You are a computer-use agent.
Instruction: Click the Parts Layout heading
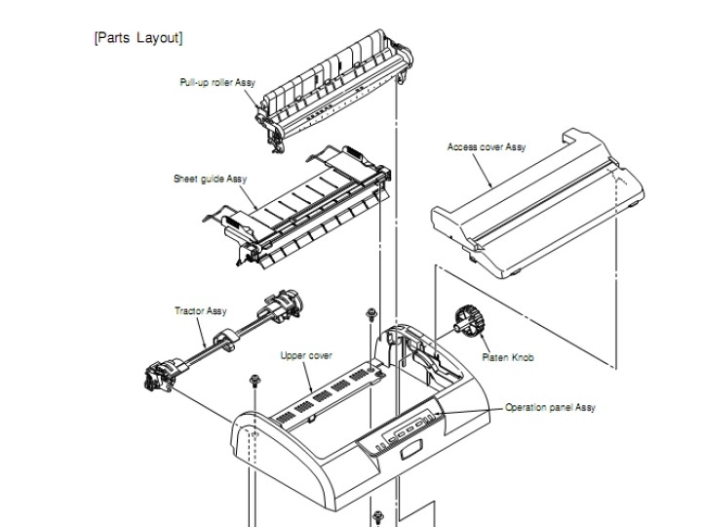138,38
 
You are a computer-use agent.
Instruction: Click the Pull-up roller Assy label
217,82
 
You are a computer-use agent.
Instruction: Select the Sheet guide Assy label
210,179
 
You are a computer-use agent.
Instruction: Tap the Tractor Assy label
201,311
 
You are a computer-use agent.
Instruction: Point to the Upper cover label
306,356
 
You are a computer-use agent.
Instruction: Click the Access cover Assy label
487,147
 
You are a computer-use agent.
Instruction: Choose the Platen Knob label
508,357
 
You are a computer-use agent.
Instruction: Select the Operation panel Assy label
550,408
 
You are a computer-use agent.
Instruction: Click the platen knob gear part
469,320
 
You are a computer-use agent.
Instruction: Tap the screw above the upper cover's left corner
254,381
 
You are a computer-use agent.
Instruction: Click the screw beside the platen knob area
371,313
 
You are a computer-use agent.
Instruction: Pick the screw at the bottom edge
378,517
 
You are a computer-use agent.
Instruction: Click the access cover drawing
537,204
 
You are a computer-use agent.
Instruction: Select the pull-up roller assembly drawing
334,90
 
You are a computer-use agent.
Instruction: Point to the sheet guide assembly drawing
297,206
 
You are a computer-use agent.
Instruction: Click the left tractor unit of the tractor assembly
162,376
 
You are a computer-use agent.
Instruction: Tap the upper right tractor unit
281,304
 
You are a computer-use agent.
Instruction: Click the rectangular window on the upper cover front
411,450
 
